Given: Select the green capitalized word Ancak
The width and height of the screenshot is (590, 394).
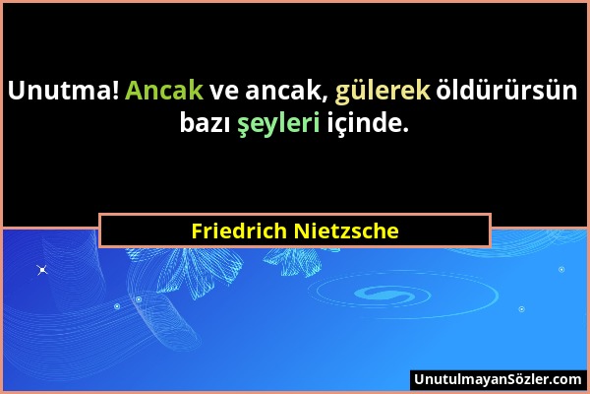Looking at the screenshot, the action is point(164,91).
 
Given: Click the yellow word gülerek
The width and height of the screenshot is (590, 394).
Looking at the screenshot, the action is point(383,92).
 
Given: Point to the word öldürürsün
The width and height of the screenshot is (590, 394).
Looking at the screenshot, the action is point(506,91).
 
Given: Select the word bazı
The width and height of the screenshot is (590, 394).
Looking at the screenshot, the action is point(206,123).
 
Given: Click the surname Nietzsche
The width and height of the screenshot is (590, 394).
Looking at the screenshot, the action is point(346,230).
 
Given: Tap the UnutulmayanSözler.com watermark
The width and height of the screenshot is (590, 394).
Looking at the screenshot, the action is point(498,379).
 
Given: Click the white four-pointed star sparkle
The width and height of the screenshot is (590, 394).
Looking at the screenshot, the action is point(42,270).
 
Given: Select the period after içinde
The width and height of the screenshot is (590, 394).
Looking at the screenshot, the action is point(405,130).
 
